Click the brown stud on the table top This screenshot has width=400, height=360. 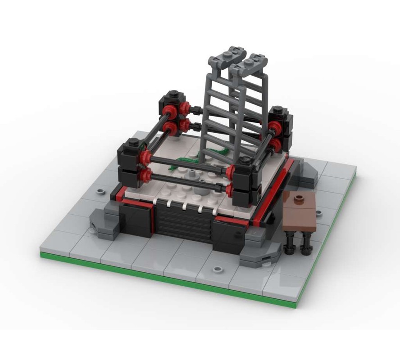point(298,198)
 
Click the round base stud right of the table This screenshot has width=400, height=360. point(319,212)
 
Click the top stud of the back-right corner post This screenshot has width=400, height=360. point(278,109)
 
